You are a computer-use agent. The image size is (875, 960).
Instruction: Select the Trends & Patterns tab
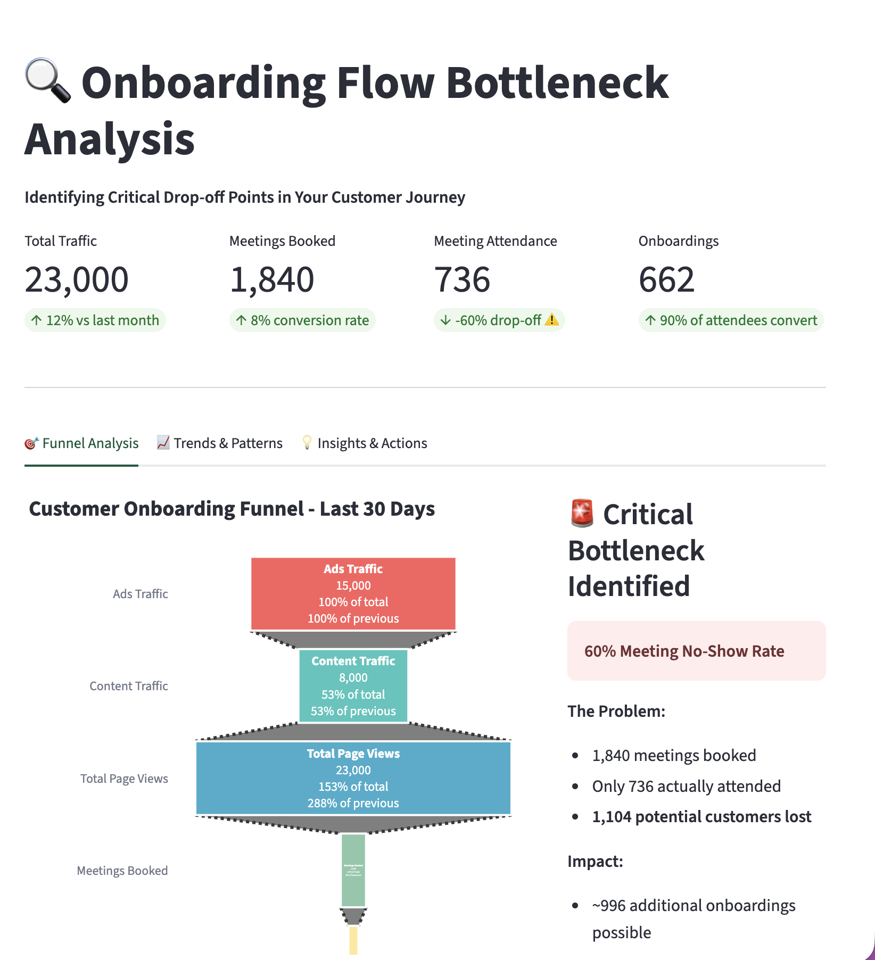pos(220,443)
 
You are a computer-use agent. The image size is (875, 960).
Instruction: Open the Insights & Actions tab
pos(365,443)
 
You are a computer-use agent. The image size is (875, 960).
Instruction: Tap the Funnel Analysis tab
pos(82,443)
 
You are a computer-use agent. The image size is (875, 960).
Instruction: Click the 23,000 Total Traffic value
pos(77,280)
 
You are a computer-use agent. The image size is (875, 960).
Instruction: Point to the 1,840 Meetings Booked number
pos(272,280)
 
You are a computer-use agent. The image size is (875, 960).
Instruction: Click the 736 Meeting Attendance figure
pos(462,280)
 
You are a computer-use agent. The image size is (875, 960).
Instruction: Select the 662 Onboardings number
pos(666,280)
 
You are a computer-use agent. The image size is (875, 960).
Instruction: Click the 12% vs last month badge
pos(95,320)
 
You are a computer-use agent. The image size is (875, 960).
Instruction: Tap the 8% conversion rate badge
pos(302,320)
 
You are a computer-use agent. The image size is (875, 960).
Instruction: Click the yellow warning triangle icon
pos(552,320)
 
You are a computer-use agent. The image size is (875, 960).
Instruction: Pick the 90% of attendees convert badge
pos(731,320)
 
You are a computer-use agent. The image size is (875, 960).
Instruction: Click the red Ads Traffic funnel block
pos(353,593)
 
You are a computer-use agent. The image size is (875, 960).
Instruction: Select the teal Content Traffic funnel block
pos(353,686)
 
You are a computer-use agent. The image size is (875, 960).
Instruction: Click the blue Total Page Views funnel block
pos(353,778)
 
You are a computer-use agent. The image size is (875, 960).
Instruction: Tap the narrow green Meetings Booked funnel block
pos(353,870)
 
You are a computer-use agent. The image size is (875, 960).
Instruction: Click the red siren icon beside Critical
pos(582,514)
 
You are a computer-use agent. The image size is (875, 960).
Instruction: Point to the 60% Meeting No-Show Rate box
pos(696,651)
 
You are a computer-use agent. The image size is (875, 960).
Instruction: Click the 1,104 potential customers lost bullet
pos(701,817)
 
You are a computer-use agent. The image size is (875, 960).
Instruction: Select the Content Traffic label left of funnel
pos(129,686)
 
